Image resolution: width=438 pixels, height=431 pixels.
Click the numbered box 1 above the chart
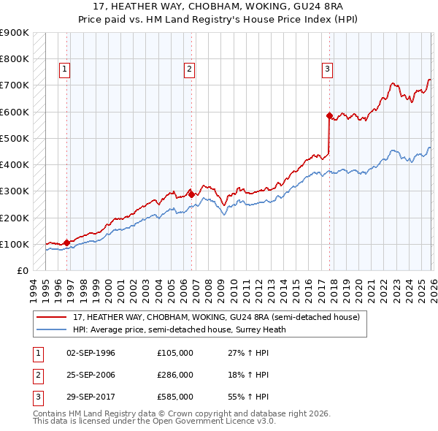click(x=65, y=69)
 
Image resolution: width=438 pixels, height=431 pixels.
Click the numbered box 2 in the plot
click(x=189, y=69)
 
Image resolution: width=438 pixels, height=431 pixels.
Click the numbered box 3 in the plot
click(x=327, y=69)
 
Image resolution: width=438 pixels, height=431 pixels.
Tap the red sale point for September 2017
click(x=329, y=115)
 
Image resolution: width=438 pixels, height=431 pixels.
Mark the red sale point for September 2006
click(x=192, y=195)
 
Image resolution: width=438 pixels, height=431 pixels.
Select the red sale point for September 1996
click(x=66, y=243)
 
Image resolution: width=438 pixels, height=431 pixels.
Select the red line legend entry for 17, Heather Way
click(x=216, y=318)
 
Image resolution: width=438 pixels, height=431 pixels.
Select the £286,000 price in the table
click(x=175, y=375)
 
